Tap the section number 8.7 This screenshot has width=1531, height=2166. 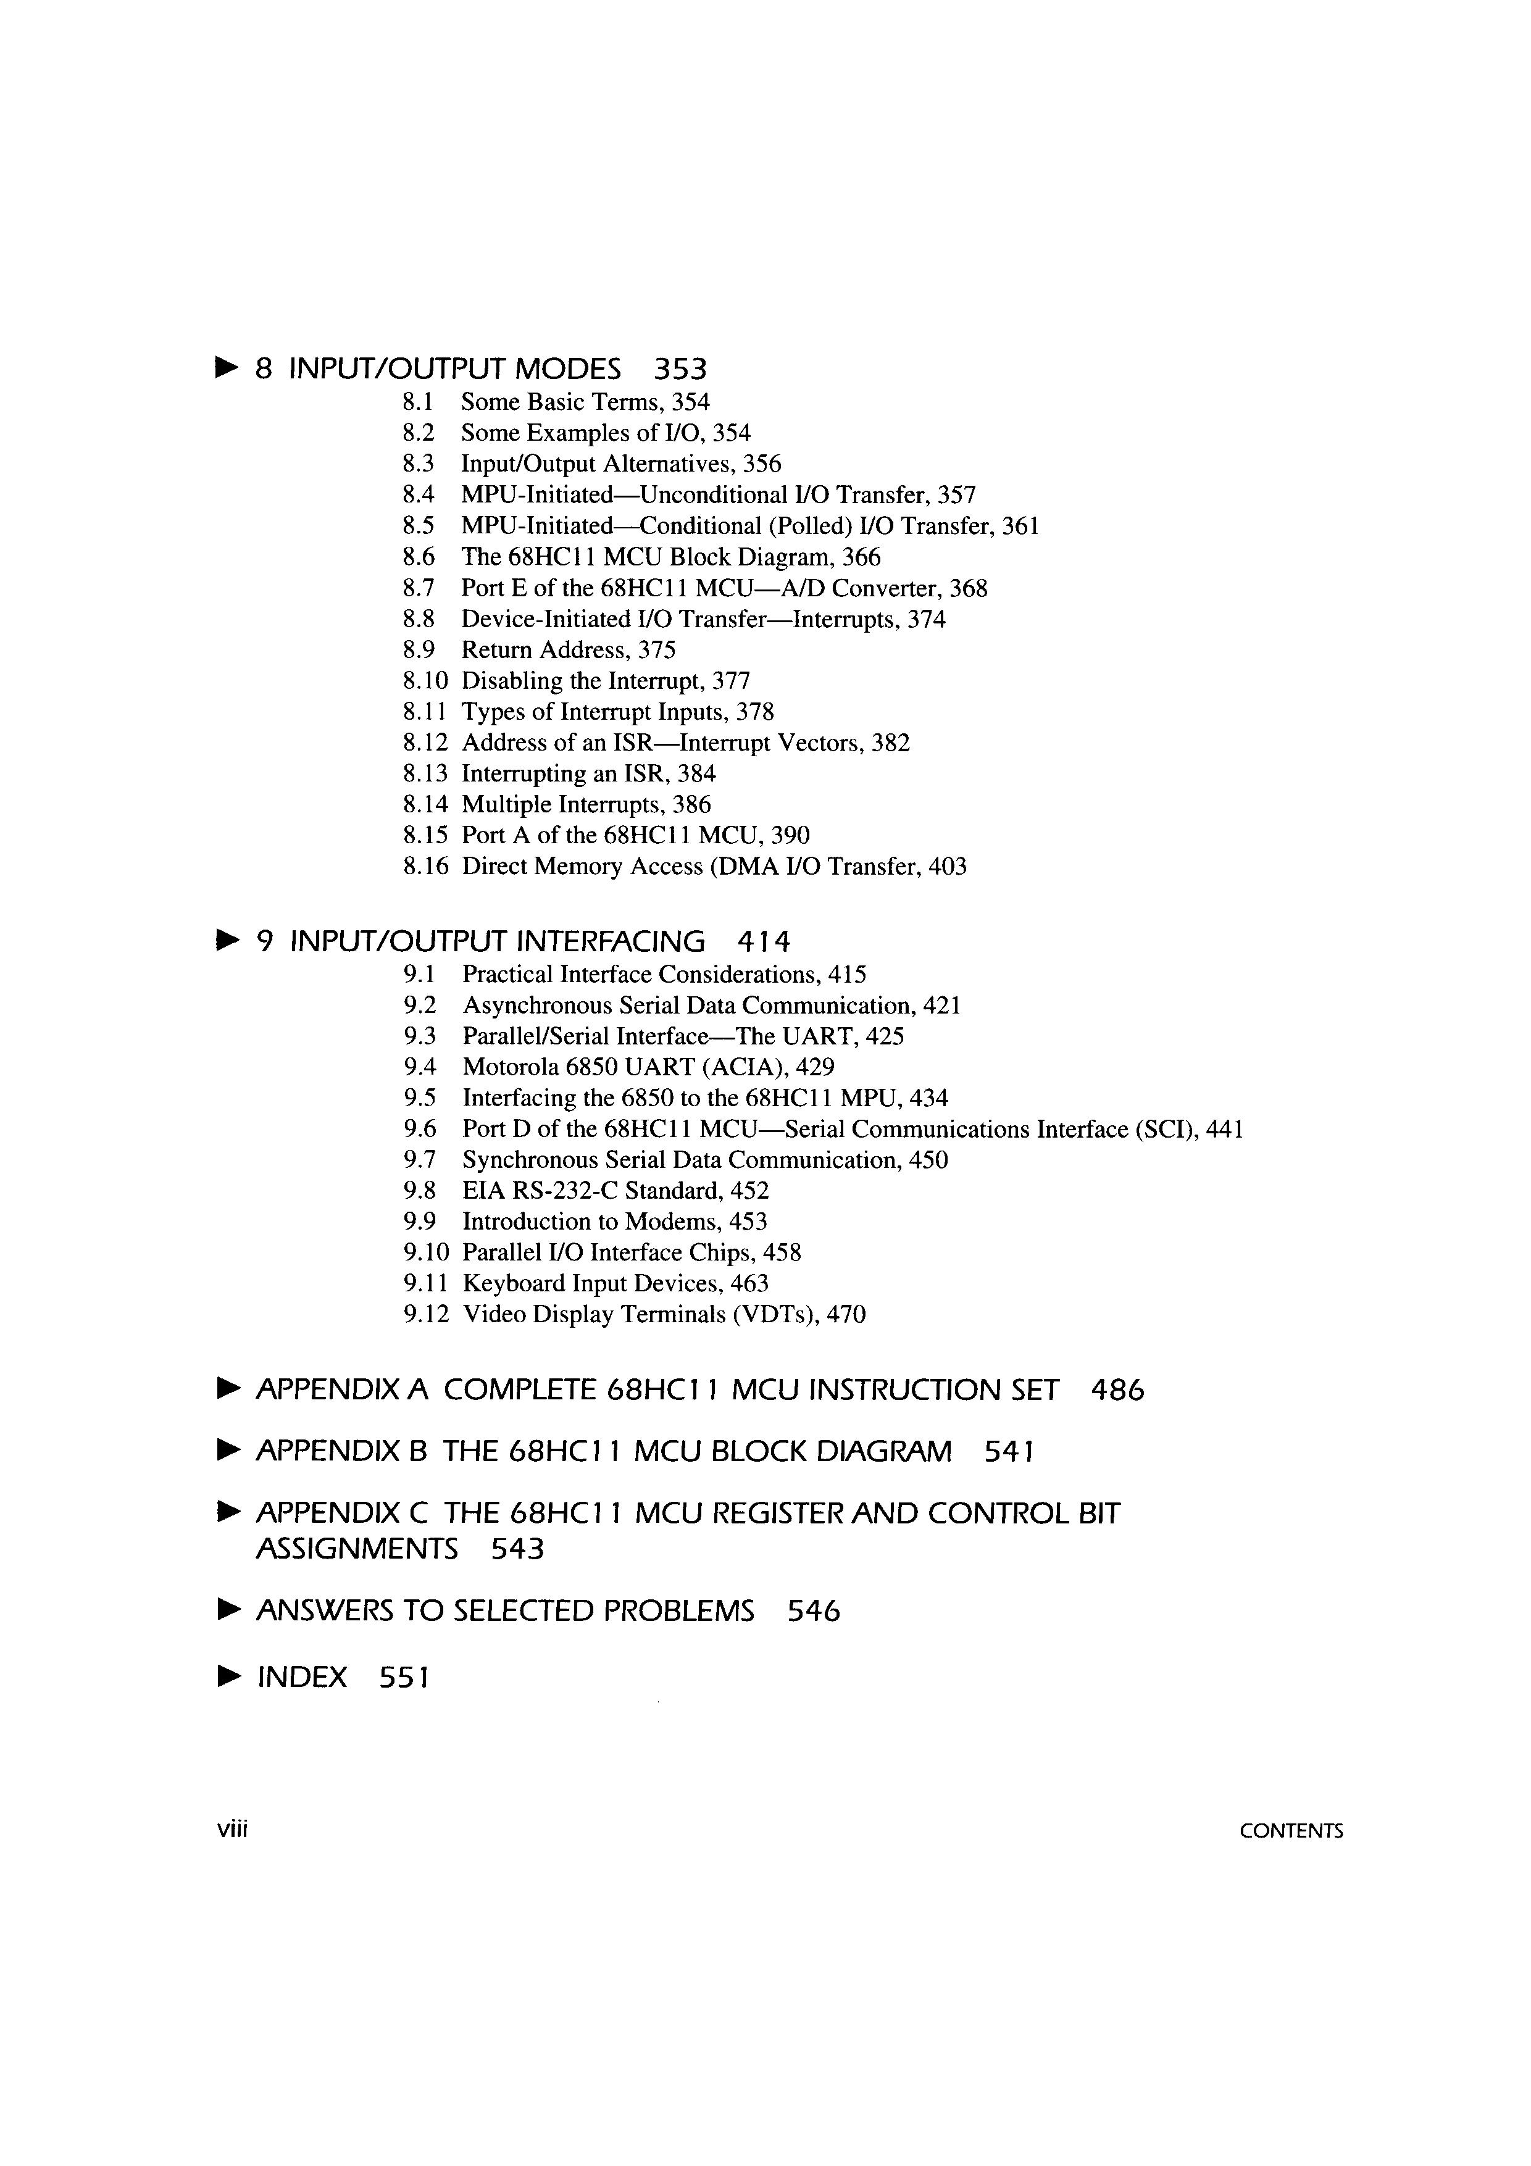[418, 589]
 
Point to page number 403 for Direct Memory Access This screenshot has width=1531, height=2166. [947, 867]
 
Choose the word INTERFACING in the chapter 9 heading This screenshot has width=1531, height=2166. [611, 941]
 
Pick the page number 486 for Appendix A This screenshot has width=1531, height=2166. [1117, 1391]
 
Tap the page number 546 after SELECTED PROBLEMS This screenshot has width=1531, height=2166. [813, 1610]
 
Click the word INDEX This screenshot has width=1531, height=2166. [302, 1677]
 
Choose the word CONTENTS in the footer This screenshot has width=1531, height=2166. [1290, 1831]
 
